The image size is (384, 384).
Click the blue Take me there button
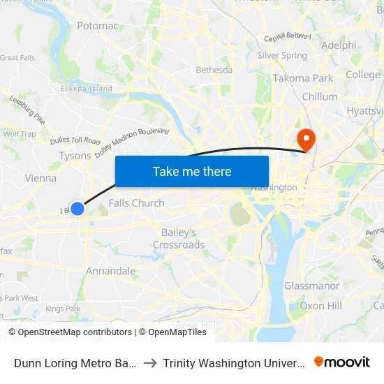tap(192, 171)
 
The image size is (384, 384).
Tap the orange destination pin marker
tap(305, 138)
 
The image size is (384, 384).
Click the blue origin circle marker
tap(77, 208)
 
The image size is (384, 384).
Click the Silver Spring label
tap(282, 55)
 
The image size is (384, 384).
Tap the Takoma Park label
tap(302, 78)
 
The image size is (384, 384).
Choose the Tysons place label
tap(75, 156)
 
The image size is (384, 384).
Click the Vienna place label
tap(40, 178)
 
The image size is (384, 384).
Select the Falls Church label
tap(137, 203)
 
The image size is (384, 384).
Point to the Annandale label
tap(110, 271)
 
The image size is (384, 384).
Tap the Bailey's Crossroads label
tap(179, 238)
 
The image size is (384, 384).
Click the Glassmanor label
tap(311, 286)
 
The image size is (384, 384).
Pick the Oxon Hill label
tap(320, 306)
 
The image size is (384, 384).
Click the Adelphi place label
tap(339, 45)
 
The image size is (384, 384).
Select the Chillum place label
tap(319, 96)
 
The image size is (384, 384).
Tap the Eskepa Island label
tap(86, 89)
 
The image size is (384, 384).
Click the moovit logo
tap(342, 362)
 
